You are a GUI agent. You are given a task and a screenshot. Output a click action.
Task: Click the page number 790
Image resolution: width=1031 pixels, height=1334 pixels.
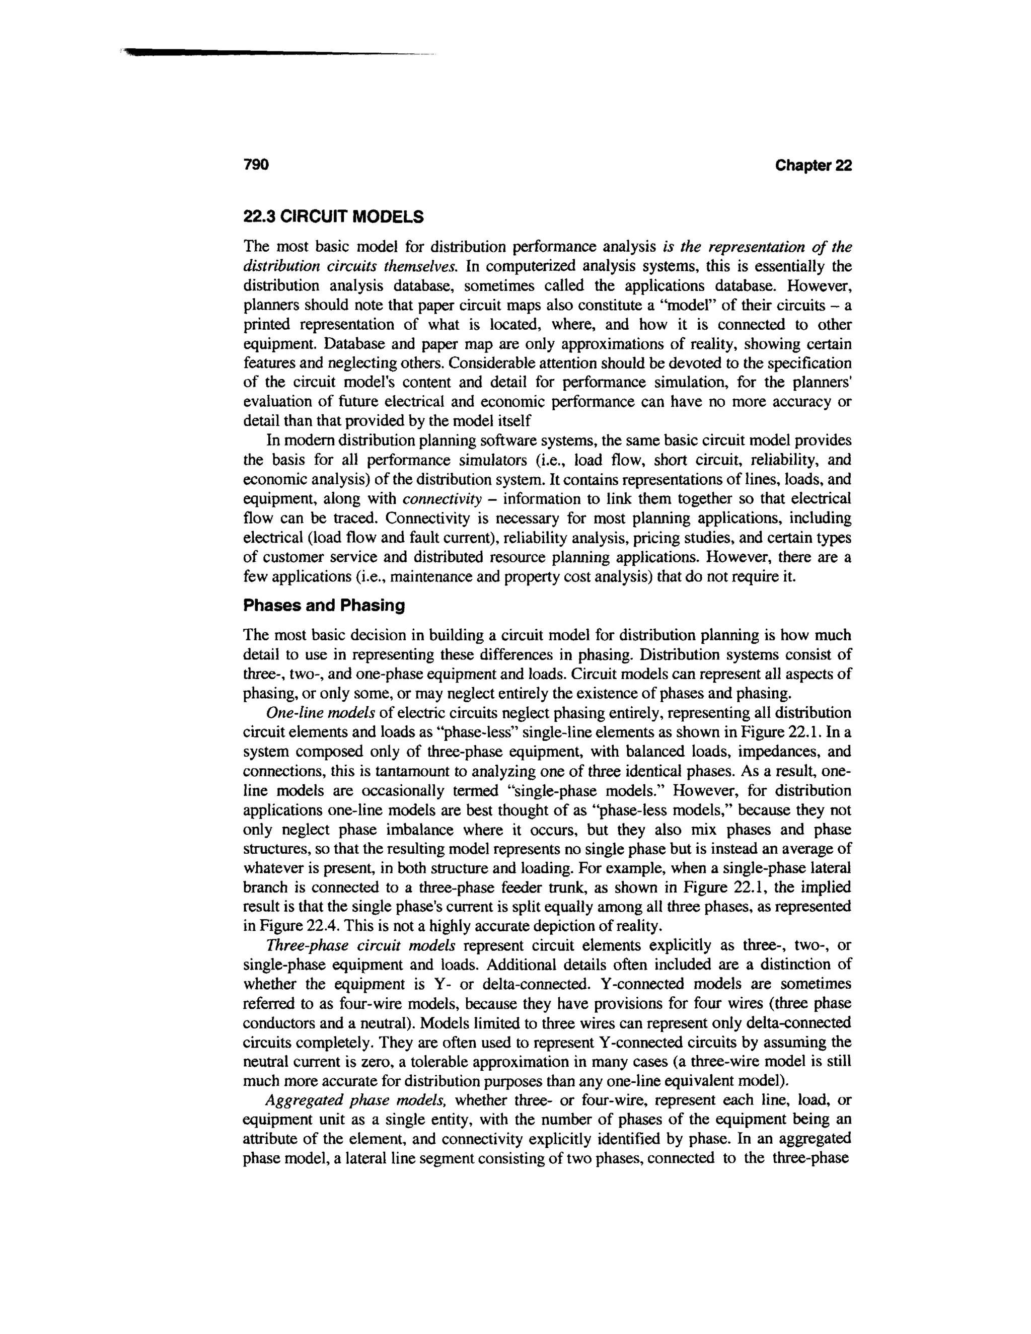256,166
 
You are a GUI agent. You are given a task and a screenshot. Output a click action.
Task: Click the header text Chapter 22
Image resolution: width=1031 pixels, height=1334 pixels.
813,166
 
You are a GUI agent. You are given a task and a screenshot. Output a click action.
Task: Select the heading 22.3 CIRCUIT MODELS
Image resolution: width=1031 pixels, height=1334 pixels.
333,216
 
